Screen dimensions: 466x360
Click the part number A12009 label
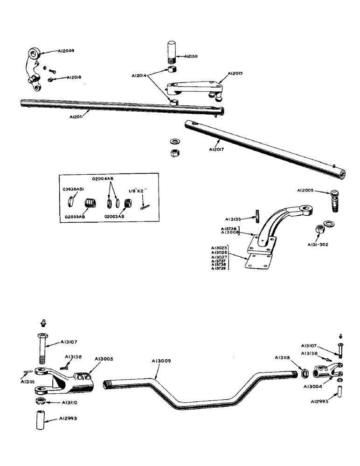(67, 51)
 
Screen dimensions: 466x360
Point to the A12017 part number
(218, 150)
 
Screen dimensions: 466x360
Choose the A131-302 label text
(317, 244)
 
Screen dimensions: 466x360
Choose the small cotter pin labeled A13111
(27, 371)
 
